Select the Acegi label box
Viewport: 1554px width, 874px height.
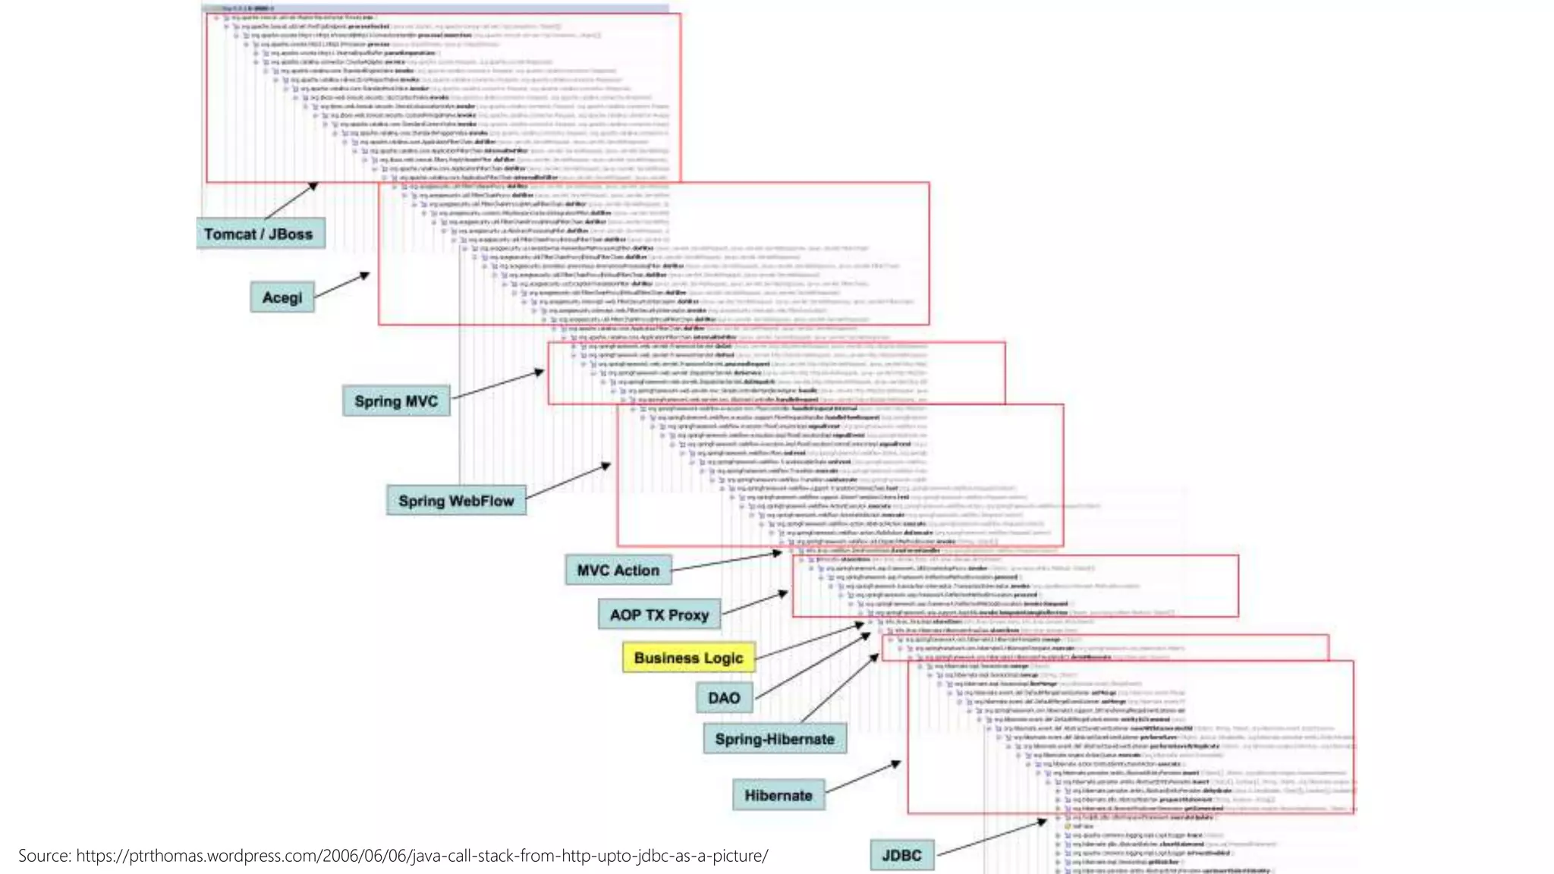point(282,297)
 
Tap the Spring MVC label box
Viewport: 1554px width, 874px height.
point(396,401)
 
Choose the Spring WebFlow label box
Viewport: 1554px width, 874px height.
point(456,501)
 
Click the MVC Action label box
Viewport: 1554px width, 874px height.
point(618,571)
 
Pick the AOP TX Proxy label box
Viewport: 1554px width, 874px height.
point(659,615)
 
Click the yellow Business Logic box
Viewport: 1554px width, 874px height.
point(689,658)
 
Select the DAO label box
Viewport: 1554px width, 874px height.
point(724,698)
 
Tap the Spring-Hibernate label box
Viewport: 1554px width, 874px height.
point(775,739)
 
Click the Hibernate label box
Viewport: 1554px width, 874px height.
point(779,796)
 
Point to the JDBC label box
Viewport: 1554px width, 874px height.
point(901,856)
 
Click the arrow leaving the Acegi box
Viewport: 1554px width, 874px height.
point(341,285)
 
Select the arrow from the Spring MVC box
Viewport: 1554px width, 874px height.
point(497,385)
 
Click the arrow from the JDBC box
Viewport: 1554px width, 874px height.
point(991,838)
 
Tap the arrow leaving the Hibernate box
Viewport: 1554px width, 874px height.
point(863,778)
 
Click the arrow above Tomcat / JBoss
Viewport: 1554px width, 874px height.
point(291,201)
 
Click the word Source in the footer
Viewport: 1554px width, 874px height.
point(44,856)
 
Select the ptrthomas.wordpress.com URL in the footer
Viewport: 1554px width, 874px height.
point(422,856)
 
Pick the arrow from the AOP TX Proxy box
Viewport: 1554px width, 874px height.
point(754,603)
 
